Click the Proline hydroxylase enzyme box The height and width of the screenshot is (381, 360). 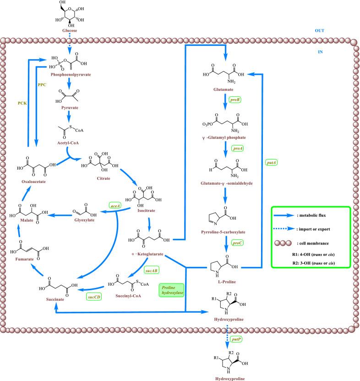pos(170,290)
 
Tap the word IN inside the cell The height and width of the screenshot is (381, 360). pos(320,52)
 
